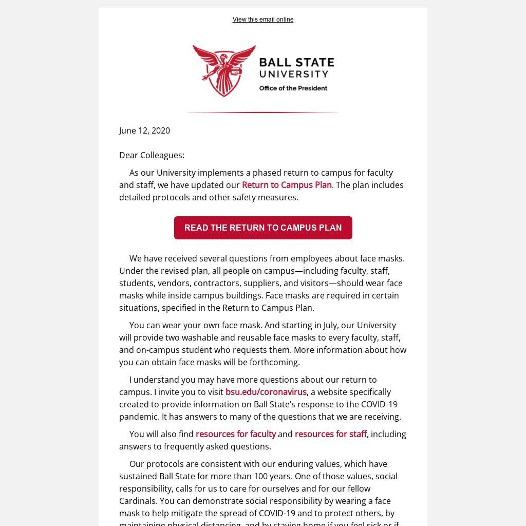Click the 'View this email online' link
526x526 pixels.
tap(262, 20)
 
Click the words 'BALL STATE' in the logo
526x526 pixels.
tap(296, 63)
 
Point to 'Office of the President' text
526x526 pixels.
tap(293, 88)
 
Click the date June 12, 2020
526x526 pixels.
tap(144, 130)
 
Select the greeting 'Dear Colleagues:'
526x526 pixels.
tap(152, 155)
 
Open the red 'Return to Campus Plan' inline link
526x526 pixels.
tap(287, 185)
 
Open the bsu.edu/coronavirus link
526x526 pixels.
tap(266, 392)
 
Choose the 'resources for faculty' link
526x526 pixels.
tap(236, 434)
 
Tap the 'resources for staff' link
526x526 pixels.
tap(331, 434)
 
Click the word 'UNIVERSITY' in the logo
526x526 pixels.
tap(294, 74)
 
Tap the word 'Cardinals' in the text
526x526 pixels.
tap(138, 501)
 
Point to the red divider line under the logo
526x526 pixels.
tap(262, 112)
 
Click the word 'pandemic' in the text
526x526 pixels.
tap(138, 417)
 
